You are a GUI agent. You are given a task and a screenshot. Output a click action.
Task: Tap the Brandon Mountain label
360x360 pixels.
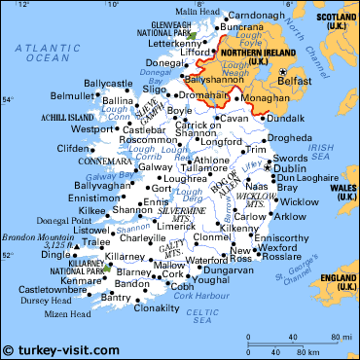(x=38, y=235)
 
